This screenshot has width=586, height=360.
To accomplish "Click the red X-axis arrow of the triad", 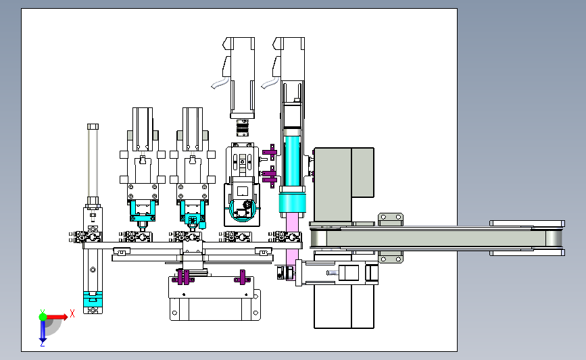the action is click(57, 317).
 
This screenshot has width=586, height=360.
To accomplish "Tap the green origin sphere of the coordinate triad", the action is click(43, 317).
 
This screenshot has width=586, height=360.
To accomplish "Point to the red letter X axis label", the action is click(72, 313).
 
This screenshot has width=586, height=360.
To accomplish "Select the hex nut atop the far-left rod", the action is click(93, 126).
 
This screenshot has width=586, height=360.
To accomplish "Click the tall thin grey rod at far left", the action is click(93, 163).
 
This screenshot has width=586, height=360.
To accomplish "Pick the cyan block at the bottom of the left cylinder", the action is click(93, 299).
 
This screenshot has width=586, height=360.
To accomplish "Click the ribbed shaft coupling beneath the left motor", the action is click(243, 128).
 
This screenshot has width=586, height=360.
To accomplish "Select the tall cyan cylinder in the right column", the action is click(292, 161).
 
